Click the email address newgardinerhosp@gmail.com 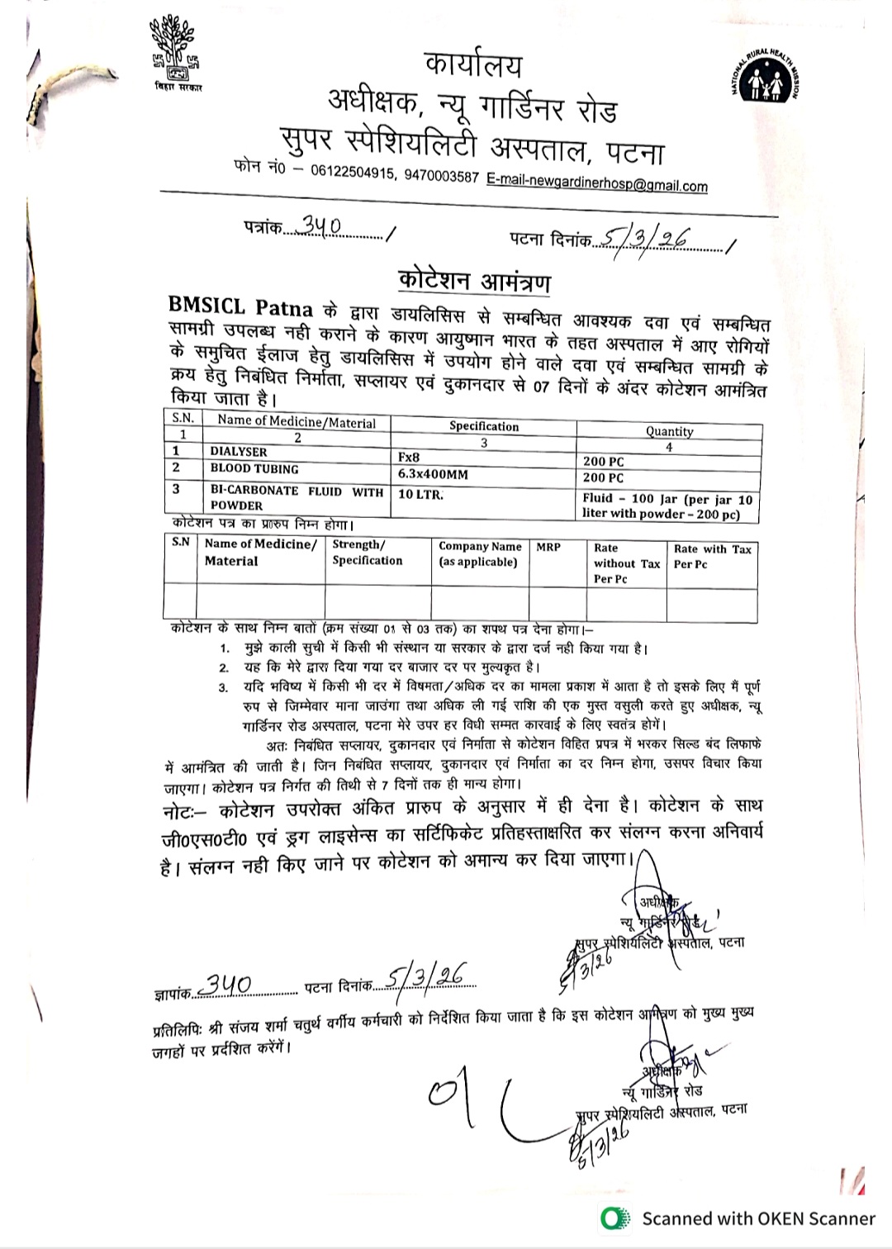click(596, 182)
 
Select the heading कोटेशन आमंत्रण click(474, 279)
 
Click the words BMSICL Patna click(240, 307)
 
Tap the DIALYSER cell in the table click(239, 452)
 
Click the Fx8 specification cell click(409, 457)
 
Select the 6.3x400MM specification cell click(433, 474)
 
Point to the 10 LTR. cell click(420, 494)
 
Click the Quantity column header click(669, 431)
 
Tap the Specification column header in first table click(484, 426)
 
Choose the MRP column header click(548, 547)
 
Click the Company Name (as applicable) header click(480, 553)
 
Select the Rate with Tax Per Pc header click(712, 556)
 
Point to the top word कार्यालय click(472, 65)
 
